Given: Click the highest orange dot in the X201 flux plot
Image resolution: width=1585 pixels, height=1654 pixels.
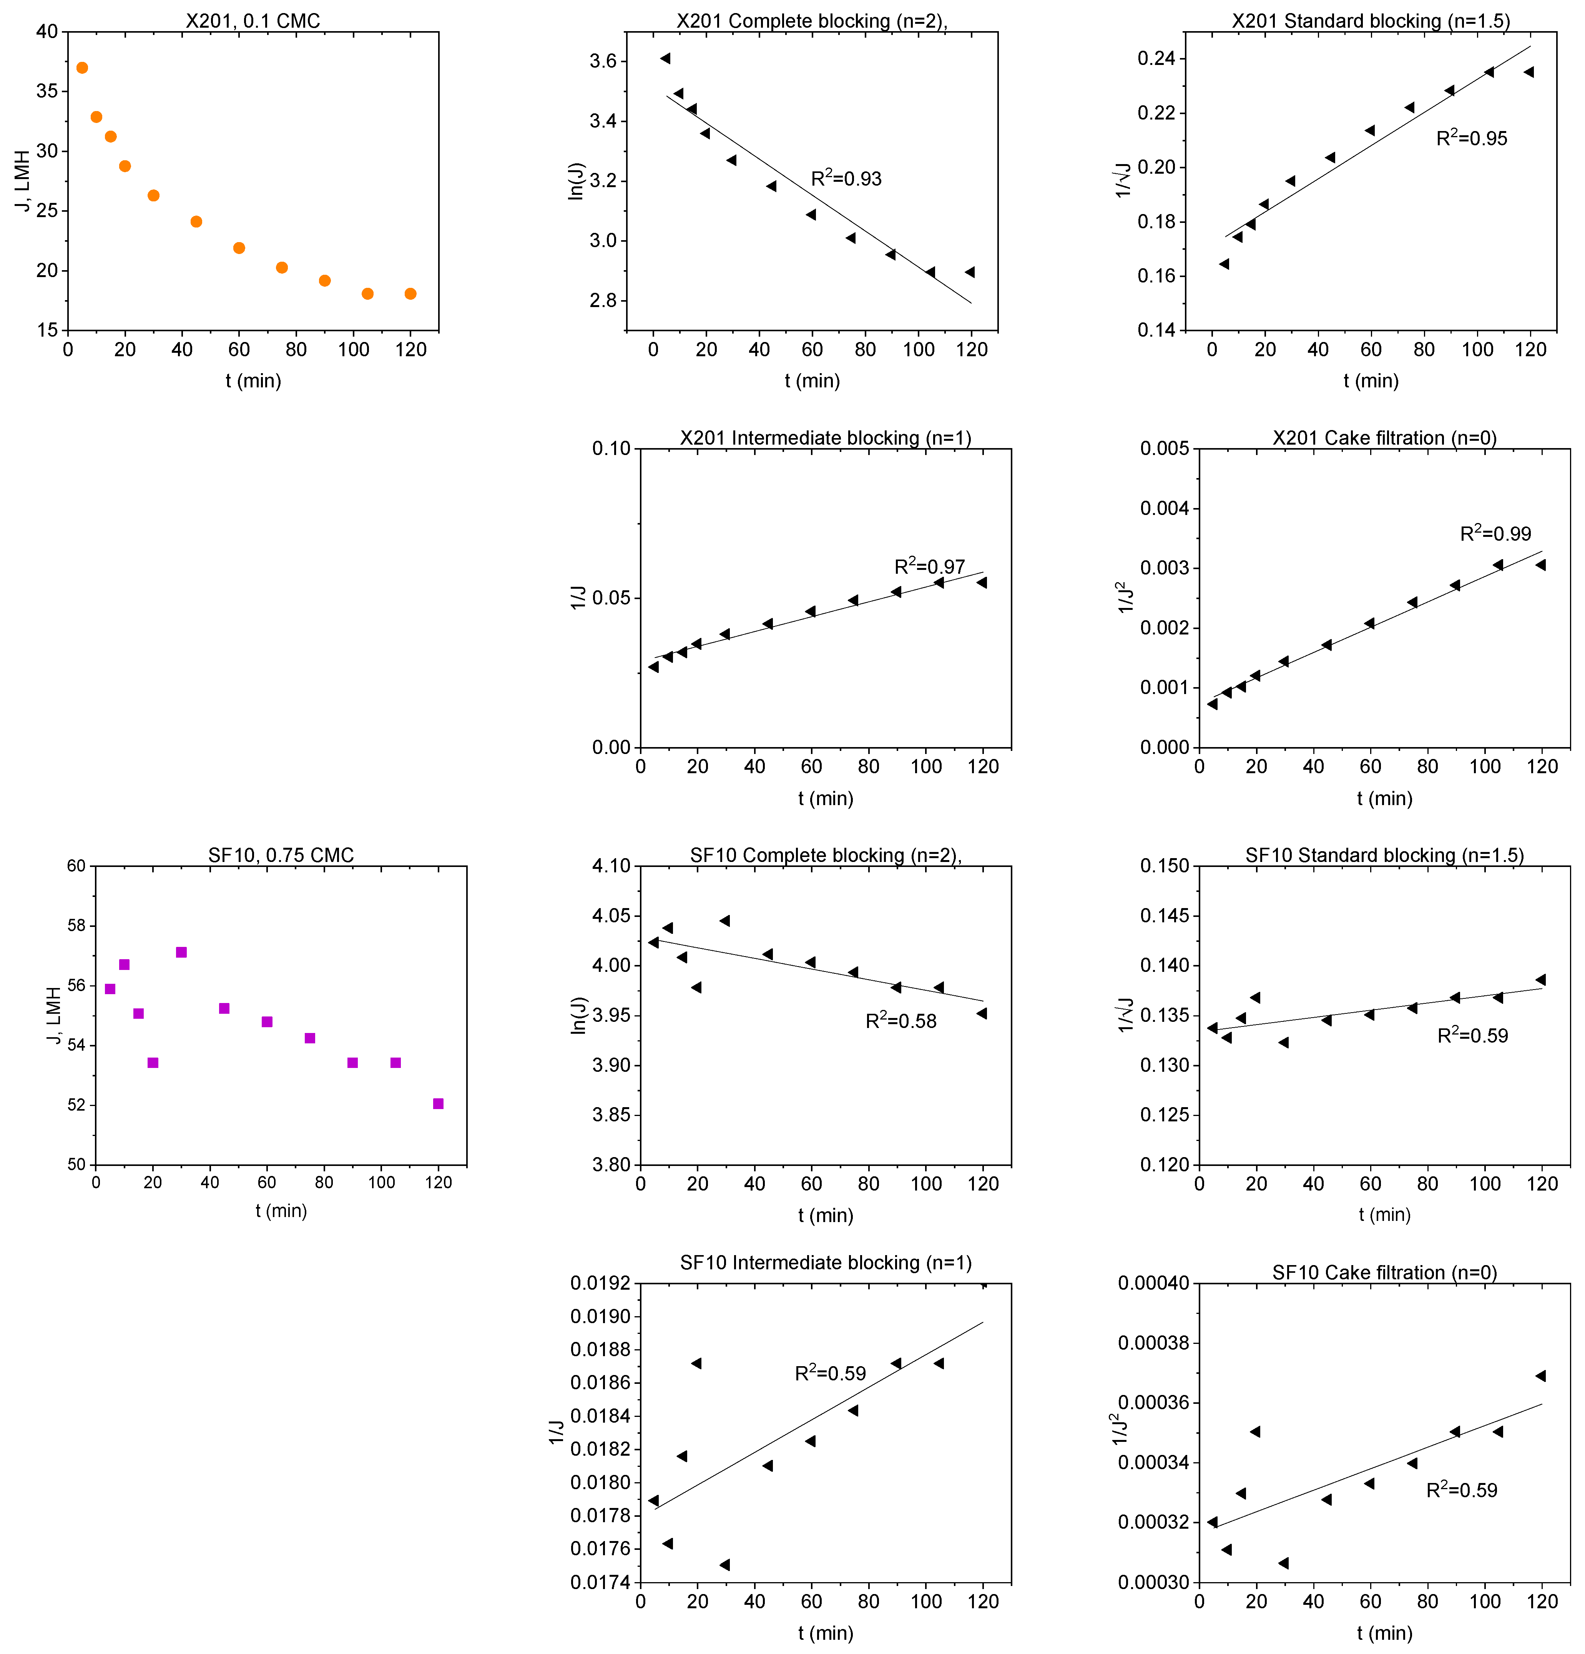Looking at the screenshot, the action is (x=82, y=68).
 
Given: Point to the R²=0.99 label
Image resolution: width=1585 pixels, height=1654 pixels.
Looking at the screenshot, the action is (x=1495, y=533).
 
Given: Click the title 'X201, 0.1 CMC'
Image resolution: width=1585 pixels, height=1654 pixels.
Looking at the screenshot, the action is (x=253, y=20).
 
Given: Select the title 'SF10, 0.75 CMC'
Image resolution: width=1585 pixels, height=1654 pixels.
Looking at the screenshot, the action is (x=281, y=855).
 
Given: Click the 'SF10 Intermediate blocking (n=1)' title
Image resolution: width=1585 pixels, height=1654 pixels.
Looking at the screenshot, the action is (x=826, y=1262).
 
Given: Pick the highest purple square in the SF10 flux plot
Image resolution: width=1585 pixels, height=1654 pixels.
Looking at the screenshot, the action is (x=181, y=952).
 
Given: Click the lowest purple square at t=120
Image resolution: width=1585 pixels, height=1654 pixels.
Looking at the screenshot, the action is (x=438, y=1103).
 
